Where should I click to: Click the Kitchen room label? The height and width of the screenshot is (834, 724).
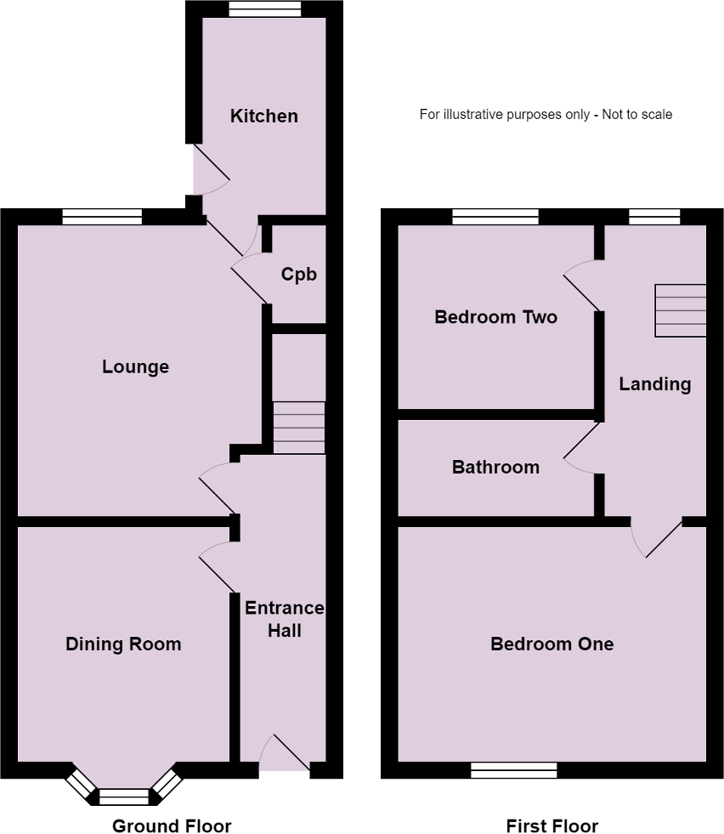(263, 116)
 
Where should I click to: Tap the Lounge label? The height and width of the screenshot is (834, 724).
(136, 367)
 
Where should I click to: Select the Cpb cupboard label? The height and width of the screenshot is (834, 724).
(299, 275)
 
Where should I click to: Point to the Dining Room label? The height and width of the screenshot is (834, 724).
(123, 644)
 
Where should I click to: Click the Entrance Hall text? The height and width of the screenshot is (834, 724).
(285, 619)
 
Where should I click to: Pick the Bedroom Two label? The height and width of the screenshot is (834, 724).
(496, 317)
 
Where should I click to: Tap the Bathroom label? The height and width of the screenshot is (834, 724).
(496, 467)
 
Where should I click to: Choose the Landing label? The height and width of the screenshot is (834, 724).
(655, 384)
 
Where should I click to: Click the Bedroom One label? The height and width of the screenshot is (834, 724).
(551, 644)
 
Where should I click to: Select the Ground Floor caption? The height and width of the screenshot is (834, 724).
(172, 825)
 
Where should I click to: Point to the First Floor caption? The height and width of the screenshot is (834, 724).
(551, 825)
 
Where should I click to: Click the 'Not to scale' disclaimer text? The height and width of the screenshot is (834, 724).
(636, 115)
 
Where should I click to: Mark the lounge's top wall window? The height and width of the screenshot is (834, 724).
(102, 217)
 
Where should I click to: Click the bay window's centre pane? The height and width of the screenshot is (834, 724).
(124, 797)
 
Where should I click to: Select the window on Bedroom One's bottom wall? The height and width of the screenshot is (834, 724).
(514, 770)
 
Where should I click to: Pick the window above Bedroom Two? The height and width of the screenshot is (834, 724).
(495, 217)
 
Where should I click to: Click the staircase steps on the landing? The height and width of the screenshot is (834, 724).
(681, 310)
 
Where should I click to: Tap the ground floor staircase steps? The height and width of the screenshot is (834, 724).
(299, 428)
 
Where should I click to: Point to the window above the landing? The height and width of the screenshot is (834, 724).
(654, 217)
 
